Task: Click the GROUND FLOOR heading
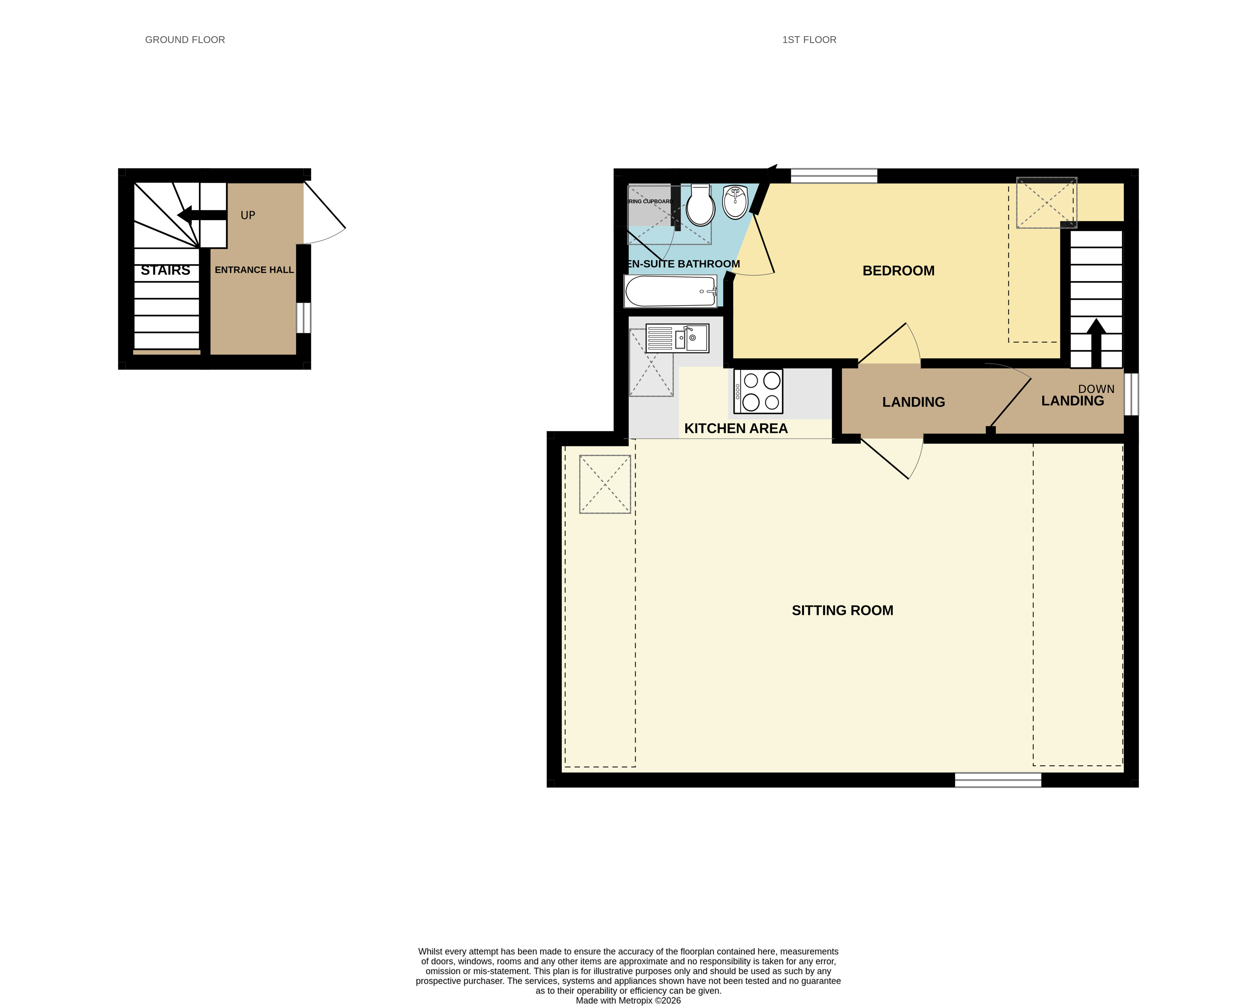pos(185,40)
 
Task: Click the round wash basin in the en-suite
pos(735,202)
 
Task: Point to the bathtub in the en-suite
pos(671,290)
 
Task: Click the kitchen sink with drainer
pos(677,338)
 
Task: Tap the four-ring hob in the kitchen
pos(758,391)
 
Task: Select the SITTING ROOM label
pos(842,610)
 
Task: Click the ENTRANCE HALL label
pos(254,270)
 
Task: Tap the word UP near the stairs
pos(248,215)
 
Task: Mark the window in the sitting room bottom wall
pos(997,780)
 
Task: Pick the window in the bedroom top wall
pos(834,176)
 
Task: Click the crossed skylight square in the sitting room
pos(605,484)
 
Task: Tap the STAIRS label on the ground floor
pos(166,270)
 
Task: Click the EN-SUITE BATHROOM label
pos(683,264)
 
